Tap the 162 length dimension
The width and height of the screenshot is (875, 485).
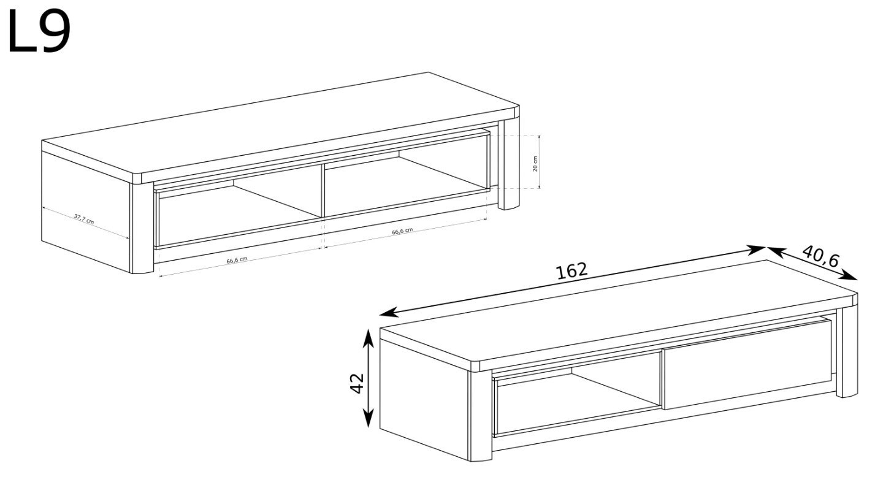[x=572, y=270]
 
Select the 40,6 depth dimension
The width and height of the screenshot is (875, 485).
[x=820, y=256]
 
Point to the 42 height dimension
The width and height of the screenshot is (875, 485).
[x=357, y=383]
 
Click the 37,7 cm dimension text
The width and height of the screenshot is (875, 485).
[x=84, y=219]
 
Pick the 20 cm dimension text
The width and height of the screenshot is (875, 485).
[x=535, y=164]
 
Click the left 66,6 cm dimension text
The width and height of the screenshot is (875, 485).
[x=237, y=260]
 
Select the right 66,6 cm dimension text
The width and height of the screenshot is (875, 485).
[x=402, y=231]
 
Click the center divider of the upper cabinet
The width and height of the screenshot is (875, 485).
[x=323, y=191]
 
